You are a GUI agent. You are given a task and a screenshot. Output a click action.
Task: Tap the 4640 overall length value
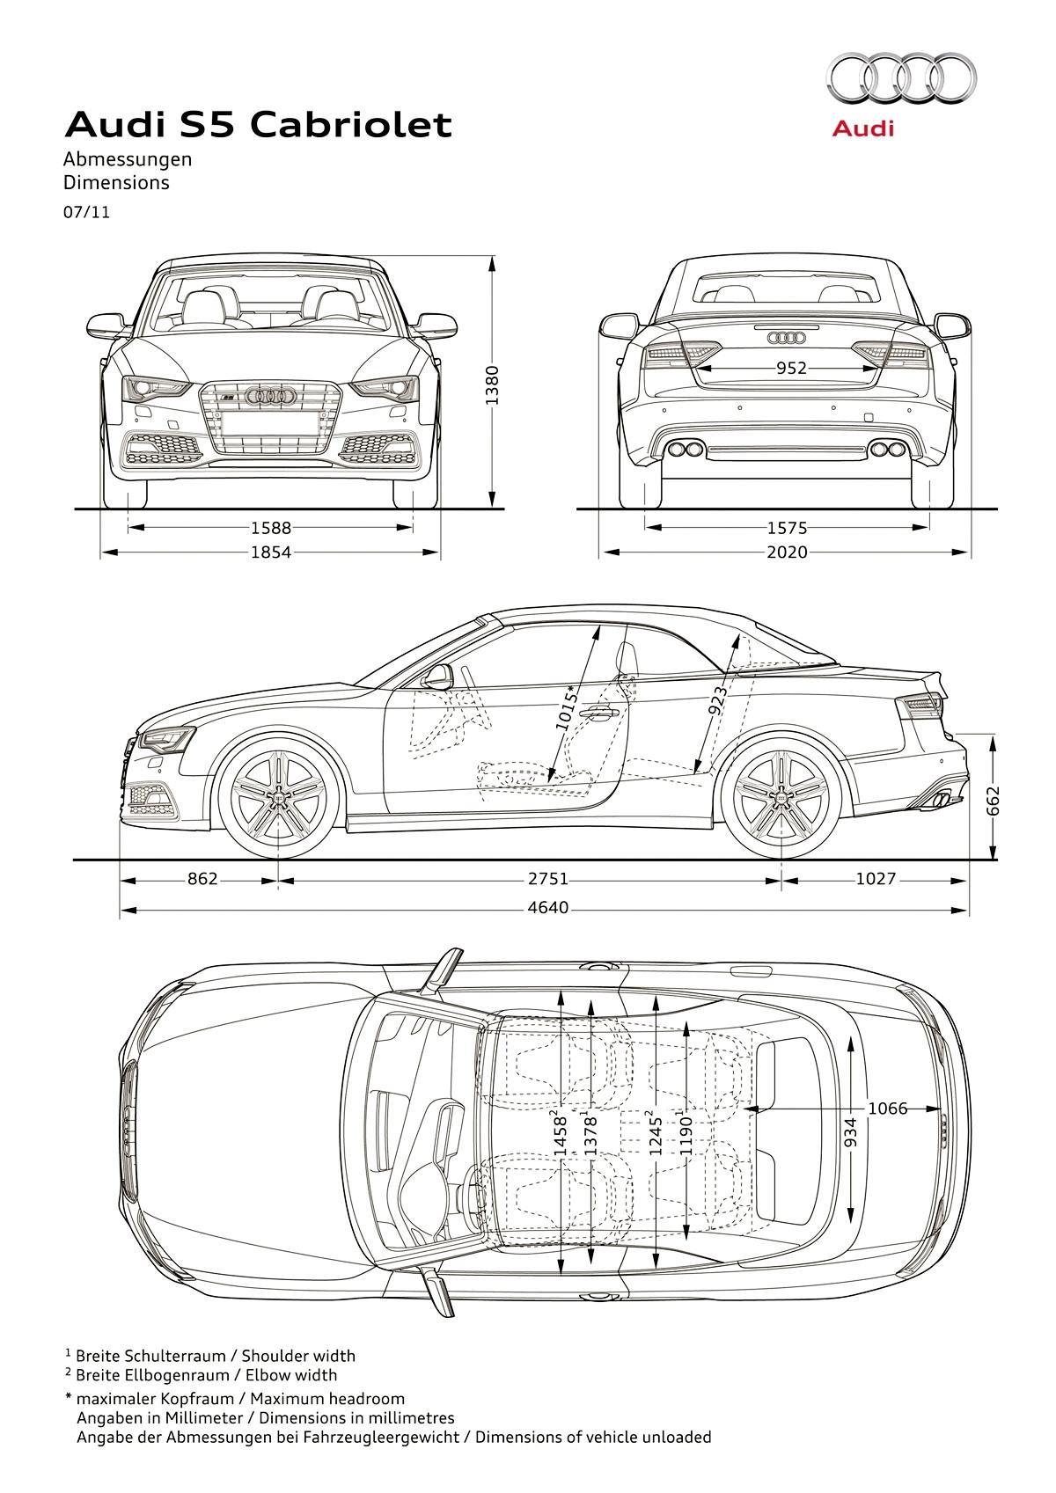tap(548, 907)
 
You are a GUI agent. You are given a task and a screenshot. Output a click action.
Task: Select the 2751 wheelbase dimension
tap(548, 879)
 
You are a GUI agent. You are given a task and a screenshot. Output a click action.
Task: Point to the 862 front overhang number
tap(202, 879)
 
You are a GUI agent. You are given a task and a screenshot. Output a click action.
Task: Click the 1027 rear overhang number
tap(876, 879)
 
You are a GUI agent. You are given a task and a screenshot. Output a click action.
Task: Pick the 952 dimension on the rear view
tap(791, 368)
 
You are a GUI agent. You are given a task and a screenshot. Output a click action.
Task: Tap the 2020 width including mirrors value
tap(788, 552)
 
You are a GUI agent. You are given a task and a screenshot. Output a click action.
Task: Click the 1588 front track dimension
tap(271, 528)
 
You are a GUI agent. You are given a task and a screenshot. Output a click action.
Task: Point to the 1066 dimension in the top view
tap(887, 1108)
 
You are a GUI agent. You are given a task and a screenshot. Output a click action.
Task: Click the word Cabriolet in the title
tap(352, 124)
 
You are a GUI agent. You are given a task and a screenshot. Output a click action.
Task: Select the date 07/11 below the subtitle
tap(86, 213)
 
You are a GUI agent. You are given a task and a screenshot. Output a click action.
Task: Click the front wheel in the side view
tap(278, 795)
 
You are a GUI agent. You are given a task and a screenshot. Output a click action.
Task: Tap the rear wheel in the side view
tap(780, 795)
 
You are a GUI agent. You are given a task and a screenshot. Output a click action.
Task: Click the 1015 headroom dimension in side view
tap(565, 707)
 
